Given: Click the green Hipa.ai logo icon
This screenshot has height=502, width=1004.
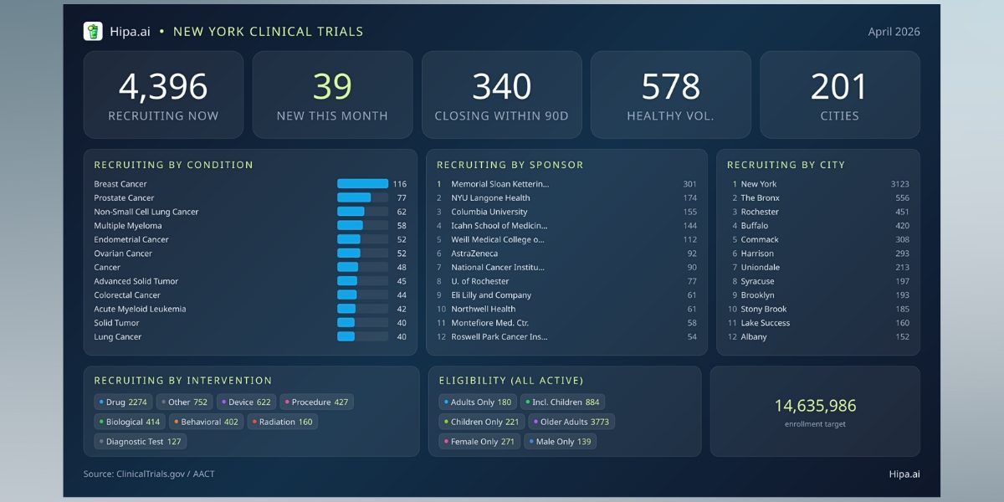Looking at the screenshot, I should pos(93,32).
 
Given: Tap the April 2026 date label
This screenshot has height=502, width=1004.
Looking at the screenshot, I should pos(894,32).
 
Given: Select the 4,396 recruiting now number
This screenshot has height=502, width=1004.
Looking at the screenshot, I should pos(163,87).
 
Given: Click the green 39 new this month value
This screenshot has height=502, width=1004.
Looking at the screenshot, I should pos(332,87).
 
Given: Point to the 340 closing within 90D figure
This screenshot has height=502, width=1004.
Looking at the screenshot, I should pos(501,87).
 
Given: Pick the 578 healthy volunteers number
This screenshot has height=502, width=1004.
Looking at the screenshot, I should pos(670,87).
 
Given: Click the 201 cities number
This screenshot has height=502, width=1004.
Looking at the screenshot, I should pos(839,87).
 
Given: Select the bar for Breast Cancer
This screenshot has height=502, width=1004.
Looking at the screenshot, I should pos(362,184).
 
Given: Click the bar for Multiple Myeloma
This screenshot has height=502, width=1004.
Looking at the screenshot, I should pos(351,226).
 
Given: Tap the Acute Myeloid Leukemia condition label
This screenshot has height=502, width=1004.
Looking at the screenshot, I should pos(140,310).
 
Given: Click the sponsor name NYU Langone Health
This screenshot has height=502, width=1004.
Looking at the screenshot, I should pos(490,198).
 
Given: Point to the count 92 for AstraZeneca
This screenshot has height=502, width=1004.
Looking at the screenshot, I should pos(691,254).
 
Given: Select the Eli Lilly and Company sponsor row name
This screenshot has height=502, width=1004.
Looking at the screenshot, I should pos(491,295).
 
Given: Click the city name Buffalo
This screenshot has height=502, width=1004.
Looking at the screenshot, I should pos(755,226).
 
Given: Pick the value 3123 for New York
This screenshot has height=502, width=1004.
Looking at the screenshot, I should pos(899,184).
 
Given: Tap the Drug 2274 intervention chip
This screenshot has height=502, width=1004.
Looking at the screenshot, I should pos(124,402).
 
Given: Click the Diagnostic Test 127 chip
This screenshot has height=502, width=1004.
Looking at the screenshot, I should pos(141,442).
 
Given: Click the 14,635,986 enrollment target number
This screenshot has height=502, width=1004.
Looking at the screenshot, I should pos(815,406).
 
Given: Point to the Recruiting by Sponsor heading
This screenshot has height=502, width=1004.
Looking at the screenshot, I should pos(510,165).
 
